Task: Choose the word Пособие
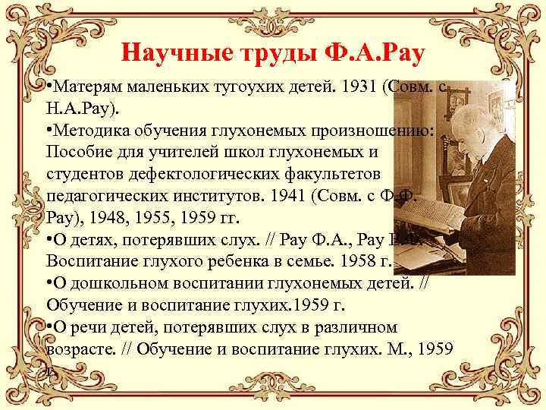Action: (x=76, y=152)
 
